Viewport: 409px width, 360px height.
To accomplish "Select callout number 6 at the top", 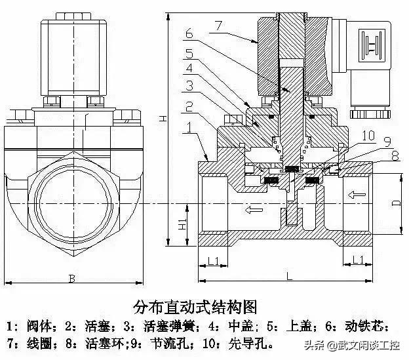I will (x=189, y=33).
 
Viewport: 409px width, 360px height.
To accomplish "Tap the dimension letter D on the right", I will (x=395, y=203).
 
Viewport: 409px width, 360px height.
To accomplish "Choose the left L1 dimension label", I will (x=213, y=260).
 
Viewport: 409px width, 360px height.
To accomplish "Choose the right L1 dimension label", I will (x=359, y=260).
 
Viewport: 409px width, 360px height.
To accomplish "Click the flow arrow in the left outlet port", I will (x=250, y=210).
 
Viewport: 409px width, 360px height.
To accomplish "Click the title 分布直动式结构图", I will (x=195, y=306).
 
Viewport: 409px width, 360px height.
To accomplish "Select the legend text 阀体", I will (x=37, y=326).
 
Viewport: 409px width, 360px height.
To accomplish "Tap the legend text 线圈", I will (x=37, y=343).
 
